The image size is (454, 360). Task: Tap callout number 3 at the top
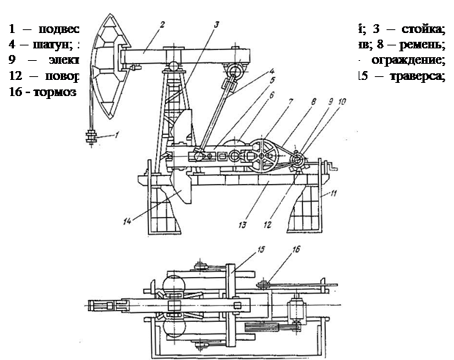point(216,24)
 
